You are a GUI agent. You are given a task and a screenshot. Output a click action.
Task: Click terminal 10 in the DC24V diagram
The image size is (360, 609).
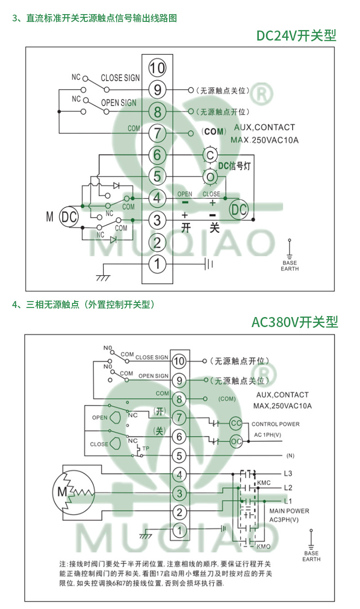157,68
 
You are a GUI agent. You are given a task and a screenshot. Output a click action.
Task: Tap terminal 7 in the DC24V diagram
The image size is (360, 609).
157,133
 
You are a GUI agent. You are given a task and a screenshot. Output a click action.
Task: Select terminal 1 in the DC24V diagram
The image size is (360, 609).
157,264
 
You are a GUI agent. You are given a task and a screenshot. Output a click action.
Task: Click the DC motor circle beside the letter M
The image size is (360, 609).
69,217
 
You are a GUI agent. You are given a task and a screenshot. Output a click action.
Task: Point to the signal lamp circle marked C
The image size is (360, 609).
210,155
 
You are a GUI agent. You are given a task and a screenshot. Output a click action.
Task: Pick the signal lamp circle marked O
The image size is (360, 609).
210,177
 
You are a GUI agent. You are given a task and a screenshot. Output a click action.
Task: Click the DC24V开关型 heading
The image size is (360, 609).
296,36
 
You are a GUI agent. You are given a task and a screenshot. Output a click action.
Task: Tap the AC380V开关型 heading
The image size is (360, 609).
295,322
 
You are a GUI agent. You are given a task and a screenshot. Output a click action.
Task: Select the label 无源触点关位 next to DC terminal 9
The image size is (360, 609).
223,91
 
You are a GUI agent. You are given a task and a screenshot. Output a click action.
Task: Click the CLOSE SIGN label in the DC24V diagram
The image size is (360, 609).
120,78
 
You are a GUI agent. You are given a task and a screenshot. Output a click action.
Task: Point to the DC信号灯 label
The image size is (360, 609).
234,165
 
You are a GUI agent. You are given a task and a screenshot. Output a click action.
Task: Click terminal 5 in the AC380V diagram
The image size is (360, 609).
180,455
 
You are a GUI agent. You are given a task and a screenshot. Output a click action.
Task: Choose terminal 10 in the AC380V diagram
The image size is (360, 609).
180,361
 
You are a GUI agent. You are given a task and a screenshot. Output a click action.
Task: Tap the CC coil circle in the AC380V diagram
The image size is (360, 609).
236,423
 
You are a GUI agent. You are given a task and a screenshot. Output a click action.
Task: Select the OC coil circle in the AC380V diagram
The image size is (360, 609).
236,441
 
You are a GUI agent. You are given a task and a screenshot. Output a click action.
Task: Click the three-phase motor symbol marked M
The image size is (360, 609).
73,493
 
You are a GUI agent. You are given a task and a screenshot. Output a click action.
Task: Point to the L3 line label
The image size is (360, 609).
288,474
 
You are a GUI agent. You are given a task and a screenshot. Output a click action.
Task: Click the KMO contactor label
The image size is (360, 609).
263,547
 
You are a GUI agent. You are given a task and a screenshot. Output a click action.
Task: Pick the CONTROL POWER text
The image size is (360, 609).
275,424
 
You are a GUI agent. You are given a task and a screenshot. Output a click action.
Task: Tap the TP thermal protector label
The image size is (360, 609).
145,448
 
